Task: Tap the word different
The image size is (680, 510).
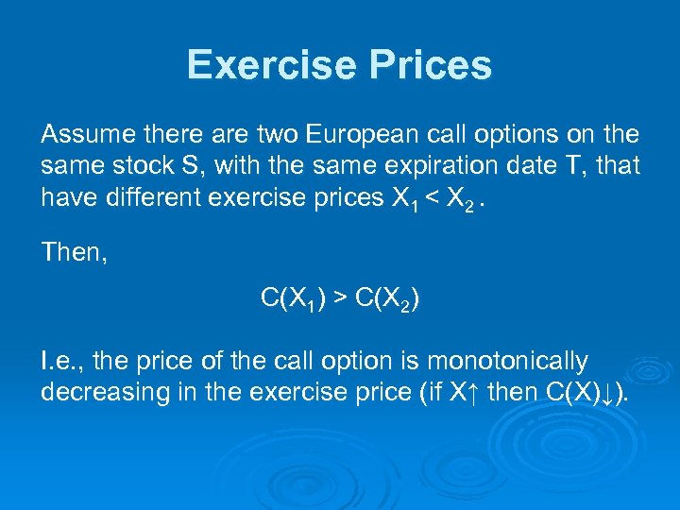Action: tap(171, 197)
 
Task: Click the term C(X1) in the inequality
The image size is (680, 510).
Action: tap(294, 299)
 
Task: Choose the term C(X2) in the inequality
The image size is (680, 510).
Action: tap(386, 299)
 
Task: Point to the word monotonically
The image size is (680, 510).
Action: tap(508, 361)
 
